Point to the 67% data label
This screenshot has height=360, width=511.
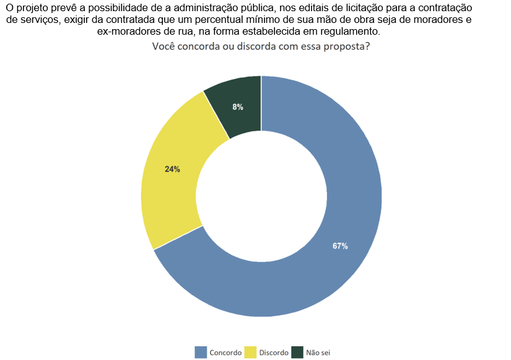[x=340, y=246]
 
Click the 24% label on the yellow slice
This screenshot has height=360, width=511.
[x=172, y=169]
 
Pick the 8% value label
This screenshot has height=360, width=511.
[x=238, y=107]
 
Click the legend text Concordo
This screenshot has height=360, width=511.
[x=225, y=353]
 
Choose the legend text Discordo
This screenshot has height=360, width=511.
[x=274, y=353]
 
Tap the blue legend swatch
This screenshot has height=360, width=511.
[x=201, y=353]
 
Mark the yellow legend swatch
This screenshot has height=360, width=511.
[x=250, y=353]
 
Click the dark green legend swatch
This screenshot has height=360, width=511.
[x=297, y=353]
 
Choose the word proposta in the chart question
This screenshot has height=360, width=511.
[x=346, y=47]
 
